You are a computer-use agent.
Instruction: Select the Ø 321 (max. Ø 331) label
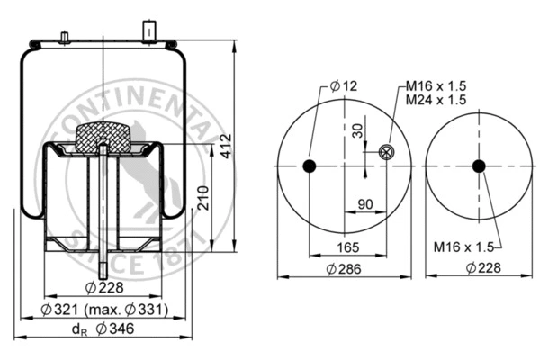coord(105,310)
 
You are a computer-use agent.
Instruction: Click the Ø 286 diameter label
coord(346,268)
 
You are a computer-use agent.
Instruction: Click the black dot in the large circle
coord(310,166)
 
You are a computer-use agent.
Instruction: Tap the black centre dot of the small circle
coord(479,166)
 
